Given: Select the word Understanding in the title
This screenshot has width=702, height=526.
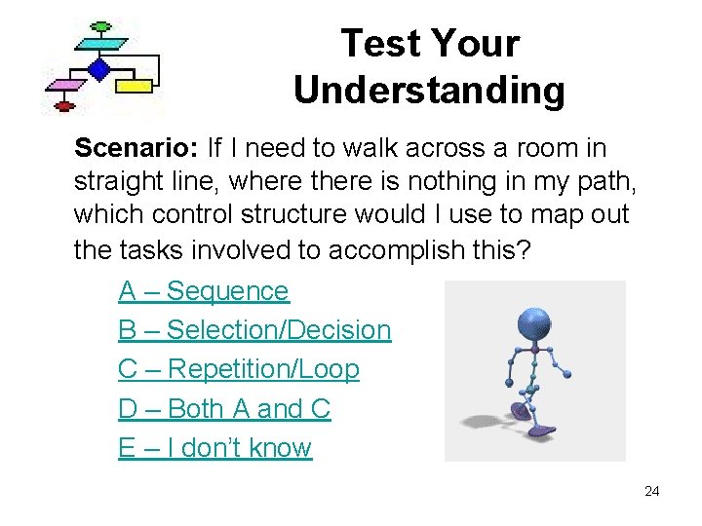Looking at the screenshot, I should (429, 90).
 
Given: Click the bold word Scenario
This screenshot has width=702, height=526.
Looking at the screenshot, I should (135, 148).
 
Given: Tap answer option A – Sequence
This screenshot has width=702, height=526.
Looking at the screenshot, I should (204, 291).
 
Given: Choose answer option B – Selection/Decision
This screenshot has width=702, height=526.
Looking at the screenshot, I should (254, 330).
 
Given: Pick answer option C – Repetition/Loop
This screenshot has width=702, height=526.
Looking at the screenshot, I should (239, 370).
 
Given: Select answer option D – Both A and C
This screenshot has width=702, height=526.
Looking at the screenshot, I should (224, 409).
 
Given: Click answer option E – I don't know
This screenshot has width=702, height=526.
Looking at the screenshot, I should (215, 448).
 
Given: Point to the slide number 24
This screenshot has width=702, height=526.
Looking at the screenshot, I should (651, 491).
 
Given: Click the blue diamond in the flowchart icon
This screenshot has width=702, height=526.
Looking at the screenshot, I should (98, 69).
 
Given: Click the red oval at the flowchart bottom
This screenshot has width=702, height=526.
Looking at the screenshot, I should (65, 105).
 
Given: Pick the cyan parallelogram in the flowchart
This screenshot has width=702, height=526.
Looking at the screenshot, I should (100, 44).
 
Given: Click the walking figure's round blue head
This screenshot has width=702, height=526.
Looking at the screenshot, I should (533, 323).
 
